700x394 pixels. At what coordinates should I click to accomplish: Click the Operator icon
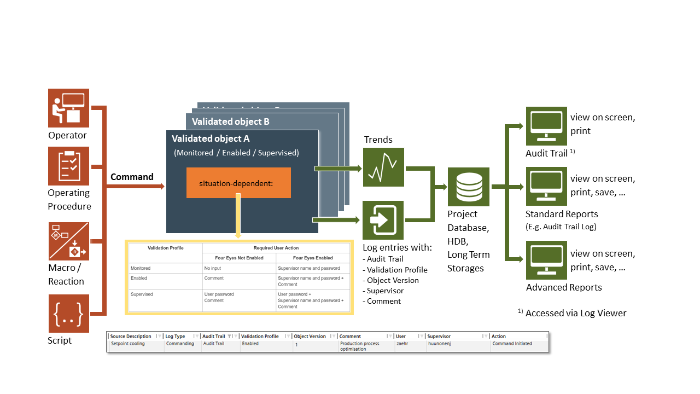pos(68,108)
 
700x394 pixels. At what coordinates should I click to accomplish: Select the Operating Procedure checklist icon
pos(68,166)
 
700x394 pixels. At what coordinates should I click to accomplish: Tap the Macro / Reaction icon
pos(68,241)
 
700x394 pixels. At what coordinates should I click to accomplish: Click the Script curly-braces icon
pos(68,314)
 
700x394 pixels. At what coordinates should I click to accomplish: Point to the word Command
pos(132,177)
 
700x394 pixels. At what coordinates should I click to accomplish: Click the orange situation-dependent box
pos(238,183)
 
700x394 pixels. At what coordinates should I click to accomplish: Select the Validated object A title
pos(211,139)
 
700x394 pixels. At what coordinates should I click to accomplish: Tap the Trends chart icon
pos(383,167)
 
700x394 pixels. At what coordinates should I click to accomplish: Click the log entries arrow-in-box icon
pos(383,220)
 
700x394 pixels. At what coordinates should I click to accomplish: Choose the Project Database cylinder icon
pos(468,187)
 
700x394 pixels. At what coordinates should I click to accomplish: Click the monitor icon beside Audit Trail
pos(546,126)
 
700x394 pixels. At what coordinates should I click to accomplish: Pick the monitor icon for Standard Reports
pos(546,187)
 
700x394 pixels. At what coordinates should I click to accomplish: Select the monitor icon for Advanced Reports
pos(546,260)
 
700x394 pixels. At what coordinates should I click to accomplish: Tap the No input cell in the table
pos(212,268)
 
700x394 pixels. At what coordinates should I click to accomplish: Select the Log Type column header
pos(176,337)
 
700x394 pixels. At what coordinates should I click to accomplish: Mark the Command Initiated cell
pos(512,344)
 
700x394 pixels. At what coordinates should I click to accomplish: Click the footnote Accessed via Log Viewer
pos(575,313)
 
